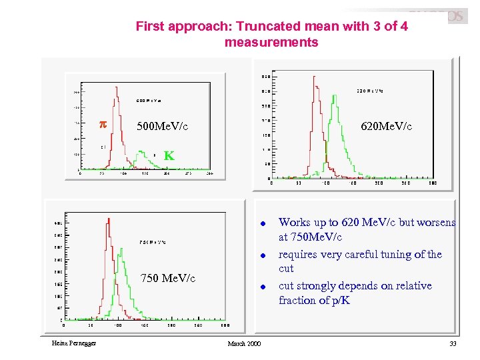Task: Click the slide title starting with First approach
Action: [271, 27]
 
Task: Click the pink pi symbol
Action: [103, 125]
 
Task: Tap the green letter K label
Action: [169, 156]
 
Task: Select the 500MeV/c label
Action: [162, 126]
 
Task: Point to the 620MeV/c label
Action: [386, 126]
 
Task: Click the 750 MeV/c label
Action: [167, 278]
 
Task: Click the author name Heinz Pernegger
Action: [73, 343]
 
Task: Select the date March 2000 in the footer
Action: [244, 343]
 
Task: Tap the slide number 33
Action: [453, 343]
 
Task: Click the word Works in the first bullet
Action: [294, 222]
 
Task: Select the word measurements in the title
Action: [271, 42]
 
